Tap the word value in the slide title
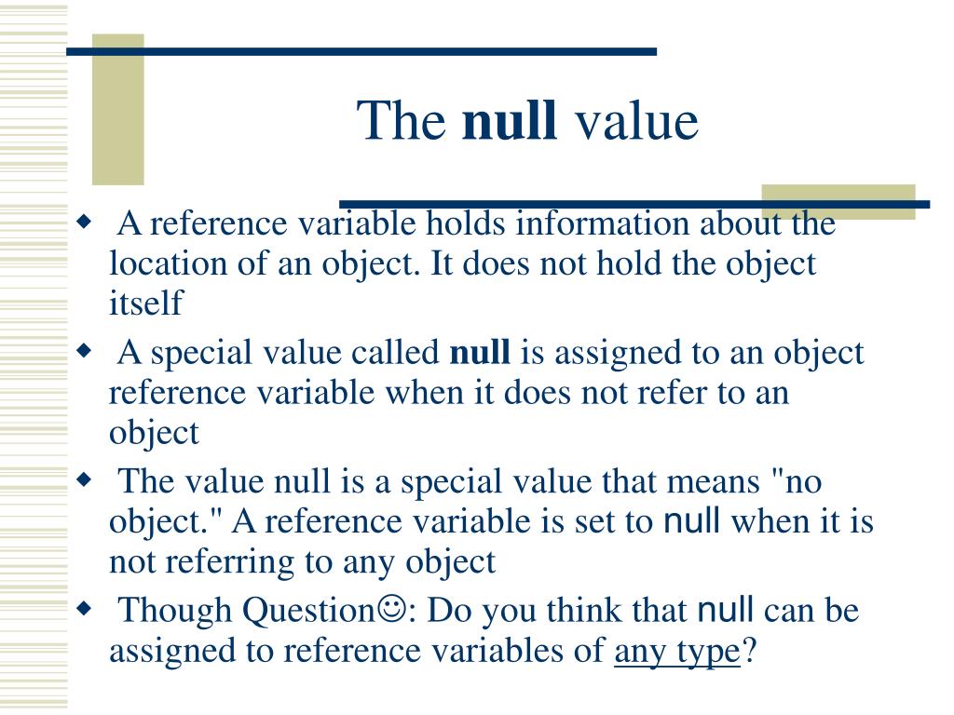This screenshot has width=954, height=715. [x=635, y=122]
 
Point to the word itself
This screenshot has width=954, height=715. [x=147, y=303]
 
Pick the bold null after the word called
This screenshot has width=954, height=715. [x=480, y=353]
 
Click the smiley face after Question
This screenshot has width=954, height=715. [x=388, y=612]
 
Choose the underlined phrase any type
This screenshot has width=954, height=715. [x=676, y=652]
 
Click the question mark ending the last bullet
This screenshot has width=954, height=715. [x=747, y=652]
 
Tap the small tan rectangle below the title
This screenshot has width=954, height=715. [x=838, y=202]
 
